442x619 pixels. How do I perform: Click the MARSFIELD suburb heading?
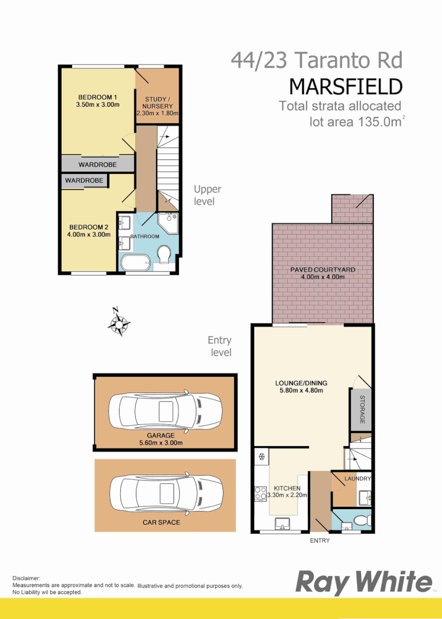345,86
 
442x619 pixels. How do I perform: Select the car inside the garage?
165,412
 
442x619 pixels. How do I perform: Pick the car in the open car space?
165,494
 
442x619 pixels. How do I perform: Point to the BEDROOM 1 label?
98,97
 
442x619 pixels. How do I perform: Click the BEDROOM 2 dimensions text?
89,235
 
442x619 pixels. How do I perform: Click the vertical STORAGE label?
362,409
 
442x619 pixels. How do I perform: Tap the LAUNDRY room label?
357,479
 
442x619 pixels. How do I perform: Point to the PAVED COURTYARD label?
323,269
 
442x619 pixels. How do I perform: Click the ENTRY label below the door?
320,540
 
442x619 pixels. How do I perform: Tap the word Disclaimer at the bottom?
26,577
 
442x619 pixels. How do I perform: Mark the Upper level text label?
207,195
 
